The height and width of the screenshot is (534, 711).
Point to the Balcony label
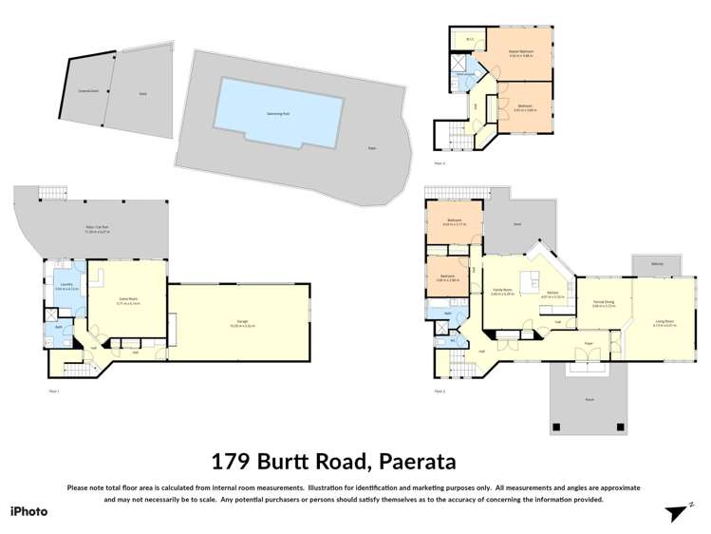pos(657,264)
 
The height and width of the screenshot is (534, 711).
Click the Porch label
pos(589,400)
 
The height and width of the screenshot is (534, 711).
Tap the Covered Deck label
pos(89,93)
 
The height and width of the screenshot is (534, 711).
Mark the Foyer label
pos(589,343)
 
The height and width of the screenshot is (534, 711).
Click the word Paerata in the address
pos(419,462)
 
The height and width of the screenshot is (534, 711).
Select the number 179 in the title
pos(233,462)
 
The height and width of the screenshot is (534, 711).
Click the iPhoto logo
pos(28,511)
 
